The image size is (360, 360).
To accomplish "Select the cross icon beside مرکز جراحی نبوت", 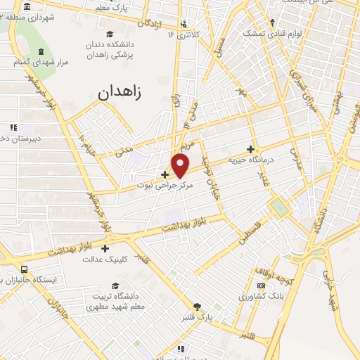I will tap(165, 174).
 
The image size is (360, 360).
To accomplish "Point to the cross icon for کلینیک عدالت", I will tap(105, 247).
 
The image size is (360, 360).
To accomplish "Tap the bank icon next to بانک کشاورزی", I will tap(261, 285).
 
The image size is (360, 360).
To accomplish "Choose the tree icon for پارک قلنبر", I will tap(198, 307).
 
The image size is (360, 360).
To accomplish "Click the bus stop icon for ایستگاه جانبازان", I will tap(25, 269).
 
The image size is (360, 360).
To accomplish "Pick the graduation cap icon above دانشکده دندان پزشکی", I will tap(108, 33).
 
